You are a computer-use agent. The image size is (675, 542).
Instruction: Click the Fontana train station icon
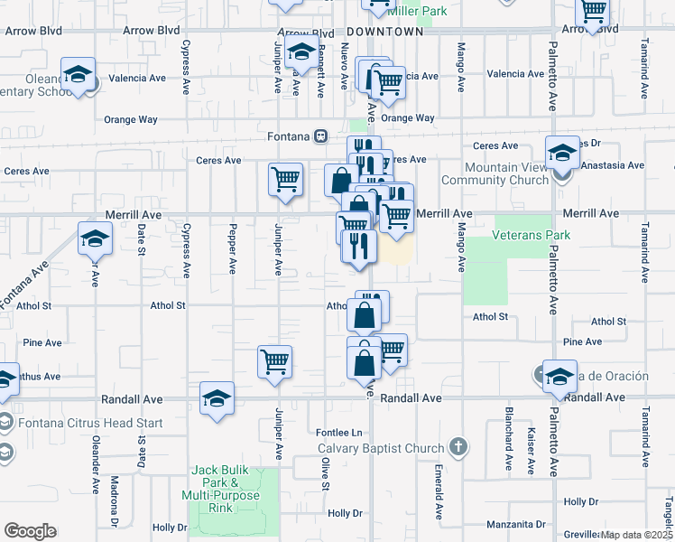coord(320,135)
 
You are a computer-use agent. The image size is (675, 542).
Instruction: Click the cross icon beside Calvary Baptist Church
coord(458,447)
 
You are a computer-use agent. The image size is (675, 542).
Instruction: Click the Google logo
coord(30,530)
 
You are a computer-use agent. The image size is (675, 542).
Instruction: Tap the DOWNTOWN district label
coord(384,32)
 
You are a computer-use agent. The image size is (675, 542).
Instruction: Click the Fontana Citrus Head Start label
coord(70,423)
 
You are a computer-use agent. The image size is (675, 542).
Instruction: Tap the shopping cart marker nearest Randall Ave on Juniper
coord(274,361)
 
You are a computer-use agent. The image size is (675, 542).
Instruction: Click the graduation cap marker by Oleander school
coord(79,74)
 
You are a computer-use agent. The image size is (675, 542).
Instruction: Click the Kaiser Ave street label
coord(532,451)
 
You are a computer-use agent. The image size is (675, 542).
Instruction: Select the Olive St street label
coord(322,474)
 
